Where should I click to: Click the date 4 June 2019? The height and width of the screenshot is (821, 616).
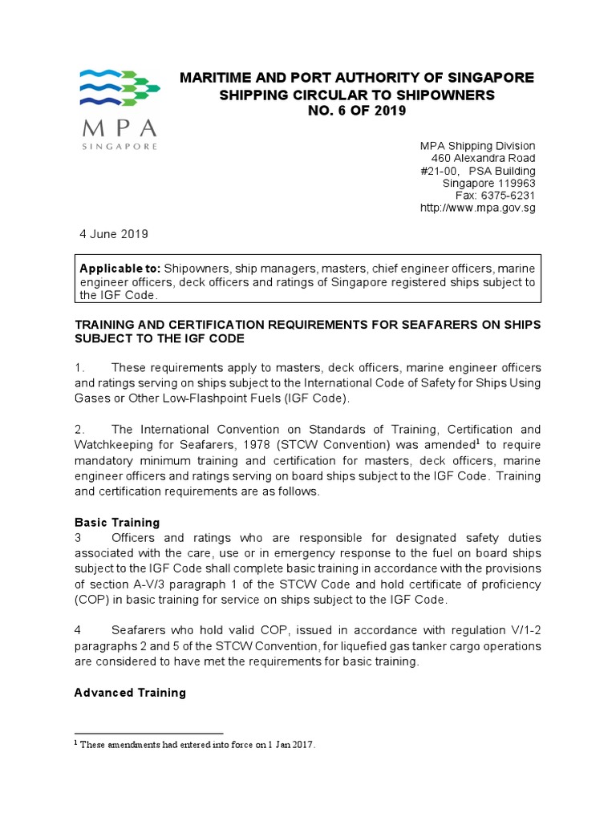click(x=113, y=234)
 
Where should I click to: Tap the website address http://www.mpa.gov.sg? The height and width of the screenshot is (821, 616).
click(x=477, y=208)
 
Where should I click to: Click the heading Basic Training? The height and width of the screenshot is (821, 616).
click(x=117, y=523)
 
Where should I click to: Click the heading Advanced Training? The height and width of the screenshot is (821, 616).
click(x=130, y=693)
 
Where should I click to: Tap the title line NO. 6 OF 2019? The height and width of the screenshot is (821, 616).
click(x=357, y=111)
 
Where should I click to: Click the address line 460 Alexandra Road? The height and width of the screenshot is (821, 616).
click(x=484, y=158)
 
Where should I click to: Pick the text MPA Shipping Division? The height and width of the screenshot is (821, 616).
click(x=477, y=146)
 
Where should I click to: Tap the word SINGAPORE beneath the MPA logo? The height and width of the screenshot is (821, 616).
click(x=120, y=147)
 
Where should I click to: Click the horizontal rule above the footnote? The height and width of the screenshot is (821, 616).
click(x=148, y=733)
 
